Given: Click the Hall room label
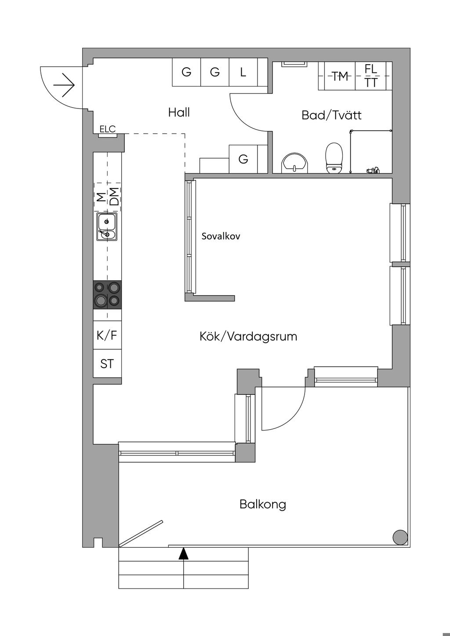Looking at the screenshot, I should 179,112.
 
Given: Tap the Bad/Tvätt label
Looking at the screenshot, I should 331,115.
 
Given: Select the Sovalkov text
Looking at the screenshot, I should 221,236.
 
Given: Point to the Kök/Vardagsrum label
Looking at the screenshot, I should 248,337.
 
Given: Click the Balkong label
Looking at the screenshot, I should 262,504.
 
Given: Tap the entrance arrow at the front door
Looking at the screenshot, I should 64,85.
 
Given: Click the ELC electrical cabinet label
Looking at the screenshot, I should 107,129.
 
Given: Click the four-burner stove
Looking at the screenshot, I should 107,294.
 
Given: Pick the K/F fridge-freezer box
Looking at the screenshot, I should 107,336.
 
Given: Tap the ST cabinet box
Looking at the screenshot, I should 107,364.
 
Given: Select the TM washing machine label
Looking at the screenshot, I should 340,76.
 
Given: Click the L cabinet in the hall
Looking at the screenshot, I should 243,72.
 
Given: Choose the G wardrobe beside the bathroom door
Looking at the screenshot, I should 243,159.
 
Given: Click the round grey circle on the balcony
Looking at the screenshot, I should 399,537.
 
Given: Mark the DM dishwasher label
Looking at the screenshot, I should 114,196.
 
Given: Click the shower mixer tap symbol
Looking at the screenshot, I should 373,170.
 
